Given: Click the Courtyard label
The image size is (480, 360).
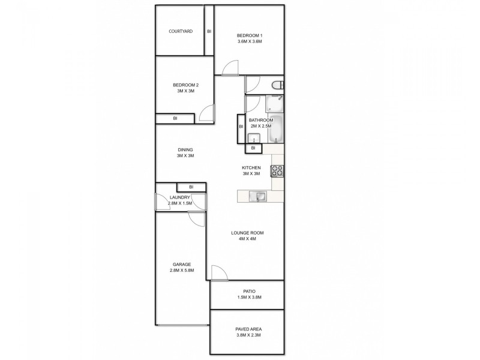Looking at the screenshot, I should coord(180,31).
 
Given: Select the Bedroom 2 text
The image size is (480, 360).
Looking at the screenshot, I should coord(185,88).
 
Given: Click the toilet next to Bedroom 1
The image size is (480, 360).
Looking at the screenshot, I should coord(277,85).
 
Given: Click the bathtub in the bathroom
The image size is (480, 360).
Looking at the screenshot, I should coord(276,127).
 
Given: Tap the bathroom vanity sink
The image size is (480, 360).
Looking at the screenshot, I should coord(252,138).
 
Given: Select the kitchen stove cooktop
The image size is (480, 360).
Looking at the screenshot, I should coord(277,171).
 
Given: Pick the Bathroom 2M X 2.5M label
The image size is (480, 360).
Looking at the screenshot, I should coord(260,123).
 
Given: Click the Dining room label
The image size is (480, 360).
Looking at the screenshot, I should coord(185,153).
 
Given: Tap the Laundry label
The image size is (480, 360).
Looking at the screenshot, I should coord(180,201).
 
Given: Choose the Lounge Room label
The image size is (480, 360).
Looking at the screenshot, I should coord(248,236).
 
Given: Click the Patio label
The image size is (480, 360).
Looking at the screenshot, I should coord(248,294).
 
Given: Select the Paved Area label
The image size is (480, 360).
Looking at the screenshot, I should coord(248,332).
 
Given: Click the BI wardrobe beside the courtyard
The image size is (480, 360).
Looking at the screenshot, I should coord(209,31).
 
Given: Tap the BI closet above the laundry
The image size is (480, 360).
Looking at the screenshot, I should coord(191,187).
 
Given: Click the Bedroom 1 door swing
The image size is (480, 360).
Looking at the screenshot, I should coord(230,69).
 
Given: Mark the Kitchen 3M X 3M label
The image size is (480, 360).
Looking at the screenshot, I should coord(250,171).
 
